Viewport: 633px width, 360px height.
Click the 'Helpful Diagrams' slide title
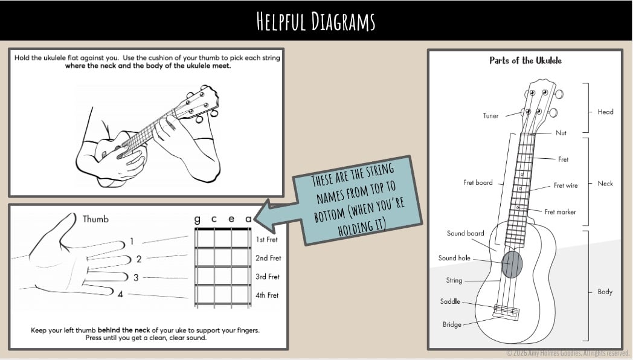point(316,21)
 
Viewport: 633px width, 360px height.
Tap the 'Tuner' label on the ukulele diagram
point(490,116)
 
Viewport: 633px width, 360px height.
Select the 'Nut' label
point(561,133)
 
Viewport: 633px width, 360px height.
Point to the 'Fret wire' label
point(565,185)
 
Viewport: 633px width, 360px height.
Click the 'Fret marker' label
point(560,212)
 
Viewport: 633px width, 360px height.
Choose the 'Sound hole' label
point(454,258)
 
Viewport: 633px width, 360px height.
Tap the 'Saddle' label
point(450,301)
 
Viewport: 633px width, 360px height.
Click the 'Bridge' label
point(452,324)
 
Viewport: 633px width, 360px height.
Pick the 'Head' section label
point(605,112)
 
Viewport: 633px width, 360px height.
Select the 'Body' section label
point(605,292)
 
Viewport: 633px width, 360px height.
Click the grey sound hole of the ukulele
point(512,265)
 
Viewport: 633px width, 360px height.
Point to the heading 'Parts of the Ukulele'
point(525,60)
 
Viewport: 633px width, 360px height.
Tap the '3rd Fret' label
point(267,277)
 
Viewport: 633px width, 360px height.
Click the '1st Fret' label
point(266,239)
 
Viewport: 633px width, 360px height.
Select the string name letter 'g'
point(197,219)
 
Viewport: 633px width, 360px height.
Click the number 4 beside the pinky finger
point(120,295)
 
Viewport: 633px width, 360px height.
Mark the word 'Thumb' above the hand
point(95,219)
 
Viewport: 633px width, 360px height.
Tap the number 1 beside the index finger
point(132,242)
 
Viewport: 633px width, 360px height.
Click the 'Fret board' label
point(478,182)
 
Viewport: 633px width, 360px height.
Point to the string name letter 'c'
point(214,219)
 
